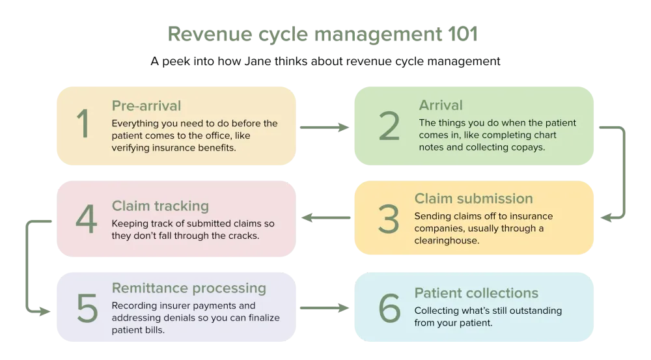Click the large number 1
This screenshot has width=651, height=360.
(x=82, y=125)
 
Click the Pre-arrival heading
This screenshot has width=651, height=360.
(x=146, y=105)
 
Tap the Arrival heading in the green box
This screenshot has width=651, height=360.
(x=441, y=105)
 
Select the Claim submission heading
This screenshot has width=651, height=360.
(x=473, y=199)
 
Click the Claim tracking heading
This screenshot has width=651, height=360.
(x=160, y=206)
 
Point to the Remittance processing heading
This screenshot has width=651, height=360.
(x=189, y=288)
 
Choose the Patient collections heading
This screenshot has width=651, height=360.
(x=477, y=293)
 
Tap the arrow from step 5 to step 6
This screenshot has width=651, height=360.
(x=325, y=305)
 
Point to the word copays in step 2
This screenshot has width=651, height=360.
(x=533, y=147)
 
